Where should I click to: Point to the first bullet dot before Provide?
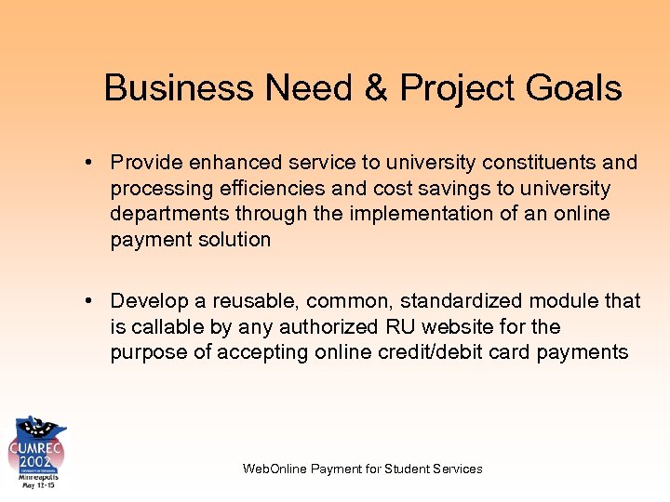pos(87,163)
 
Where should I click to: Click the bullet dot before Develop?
pos(87,301)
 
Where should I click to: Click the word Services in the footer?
pos(459,469)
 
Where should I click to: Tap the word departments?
pos(169,214)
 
